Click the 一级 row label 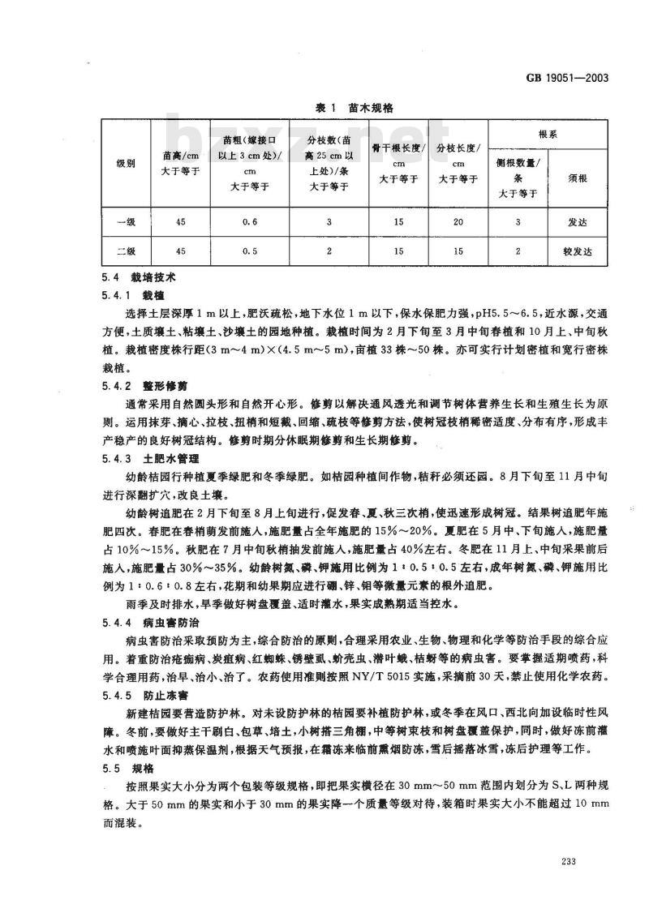pos(125,220)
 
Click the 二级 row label pos(125,251)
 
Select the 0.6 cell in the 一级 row pos(250,220)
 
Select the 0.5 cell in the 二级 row pos(250,251)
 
